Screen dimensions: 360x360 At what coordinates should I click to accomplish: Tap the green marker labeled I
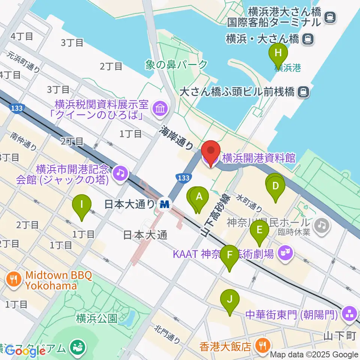[81, 205]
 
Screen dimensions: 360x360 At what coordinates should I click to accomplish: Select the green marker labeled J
[230, 300]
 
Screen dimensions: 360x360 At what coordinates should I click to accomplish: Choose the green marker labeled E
[259, 229]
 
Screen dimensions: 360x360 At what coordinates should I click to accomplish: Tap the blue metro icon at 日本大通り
[164, 204]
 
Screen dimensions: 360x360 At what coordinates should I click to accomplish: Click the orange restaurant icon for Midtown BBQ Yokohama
[14, 279]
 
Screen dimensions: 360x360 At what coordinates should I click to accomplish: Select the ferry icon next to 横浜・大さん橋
[307, 38]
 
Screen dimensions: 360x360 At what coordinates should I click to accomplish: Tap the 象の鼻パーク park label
[176, 64]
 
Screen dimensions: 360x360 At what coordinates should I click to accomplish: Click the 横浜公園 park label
[96, 319]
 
